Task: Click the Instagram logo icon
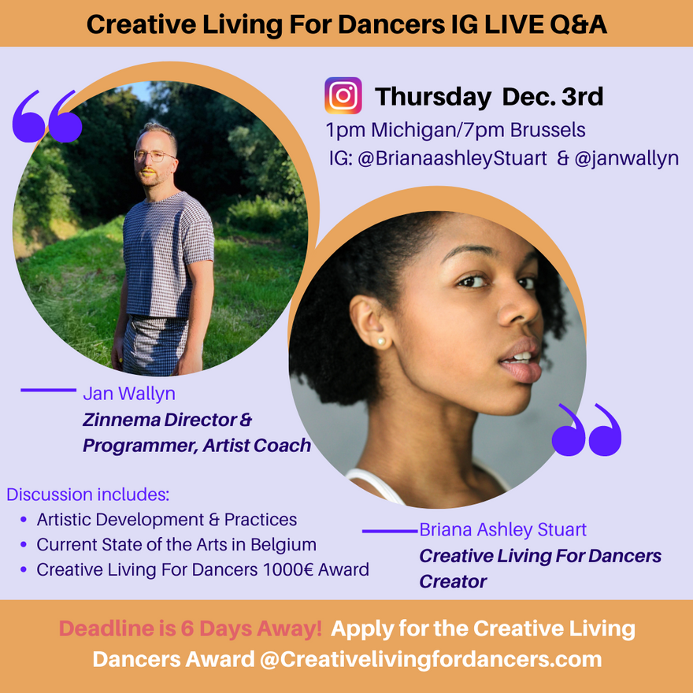tap(343, 95)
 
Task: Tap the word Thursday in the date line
tap(432, 97)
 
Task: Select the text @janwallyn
tap(626, 158)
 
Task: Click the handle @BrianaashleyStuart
tap(452, 158)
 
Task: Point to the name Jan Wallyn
tap(129, 393)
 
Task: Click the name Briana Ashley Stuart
tap(502, 529)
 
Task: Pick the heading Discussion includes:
tap(88, 495)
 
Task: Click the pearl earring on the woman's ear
tap(380, 342)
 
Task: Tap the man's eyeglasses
tap(154, 156)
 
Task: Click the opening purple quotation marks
tap(46, 117)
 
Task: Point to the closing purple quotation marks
tap(587, 430)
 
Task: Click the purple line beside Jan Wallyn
tap(49, 390)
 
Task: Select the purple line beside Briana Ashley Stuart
tap(390, 531)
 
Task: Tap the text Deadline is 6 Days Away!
tap(191, 628)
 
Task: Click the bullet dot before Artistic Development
tap(24, 519)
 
